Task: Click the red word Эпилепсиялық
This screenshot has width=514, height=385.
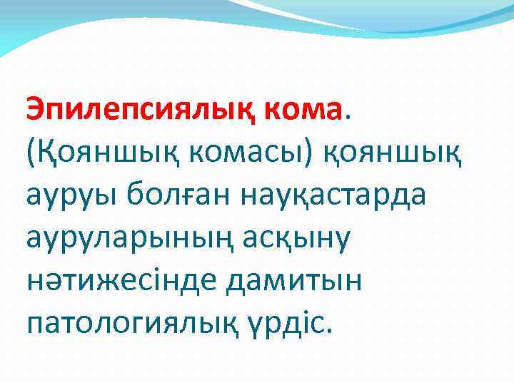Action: pos(141,110)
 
